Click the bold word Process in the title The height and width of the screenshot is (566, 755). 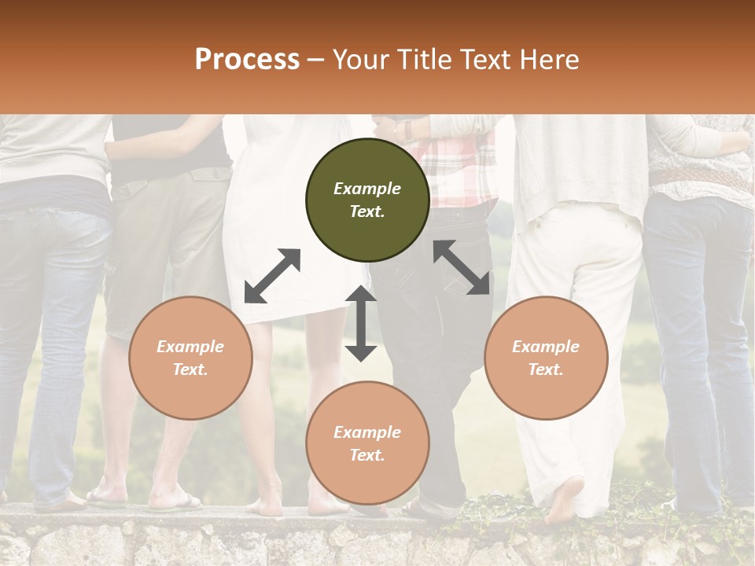pyautogui.click(x=247, y=60)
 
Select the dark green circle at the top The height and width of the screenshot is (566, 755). pyautogui.click(x=367, y=200)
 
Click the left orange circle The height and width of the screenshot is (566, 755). pyautogui.click(x=190, y=358)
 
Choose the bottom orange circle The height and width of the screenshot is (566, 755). pyautogui.click(x=367, y=443)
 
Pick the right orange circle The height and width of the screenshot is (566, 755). pyautogui.click(x=545, y=358)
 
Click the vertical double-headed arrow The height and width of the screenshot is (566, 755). pyautogui.click(x=361, y=323)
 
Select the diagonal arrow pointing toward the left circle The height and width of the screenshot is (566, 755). pyautogui.click(x=272, y=276)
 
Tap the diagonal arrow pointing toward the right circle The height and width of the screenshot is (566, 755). pyautogui.click(x=462, y=267)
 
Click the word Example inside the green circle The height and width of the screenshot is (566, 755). pyautogui.click(x=367, y=189)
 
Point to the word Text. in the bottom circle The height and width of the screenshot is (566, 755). pyautogui.click(x=367, y=455)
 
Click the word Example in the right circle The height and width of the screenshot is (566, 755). pyautogui.click(x=545, y=347)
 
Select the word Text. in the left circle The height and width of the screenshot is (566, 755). pyautogui.click(x=190, y=369)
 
